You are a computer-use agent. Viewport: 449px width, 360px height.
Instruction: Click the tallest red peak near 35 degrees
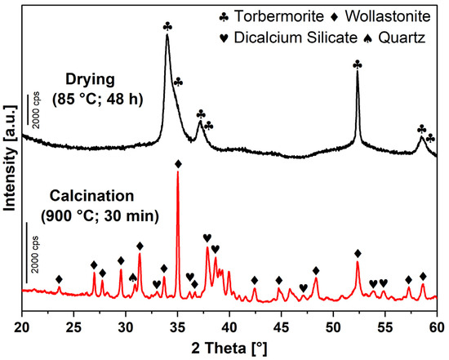(178, 175)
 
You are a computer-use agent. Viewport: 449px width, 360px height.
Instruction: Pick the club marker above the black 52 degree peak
(357, 64)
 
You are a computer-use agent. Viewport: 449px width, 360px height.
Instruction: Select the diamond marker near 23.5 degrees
(59, 279)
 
